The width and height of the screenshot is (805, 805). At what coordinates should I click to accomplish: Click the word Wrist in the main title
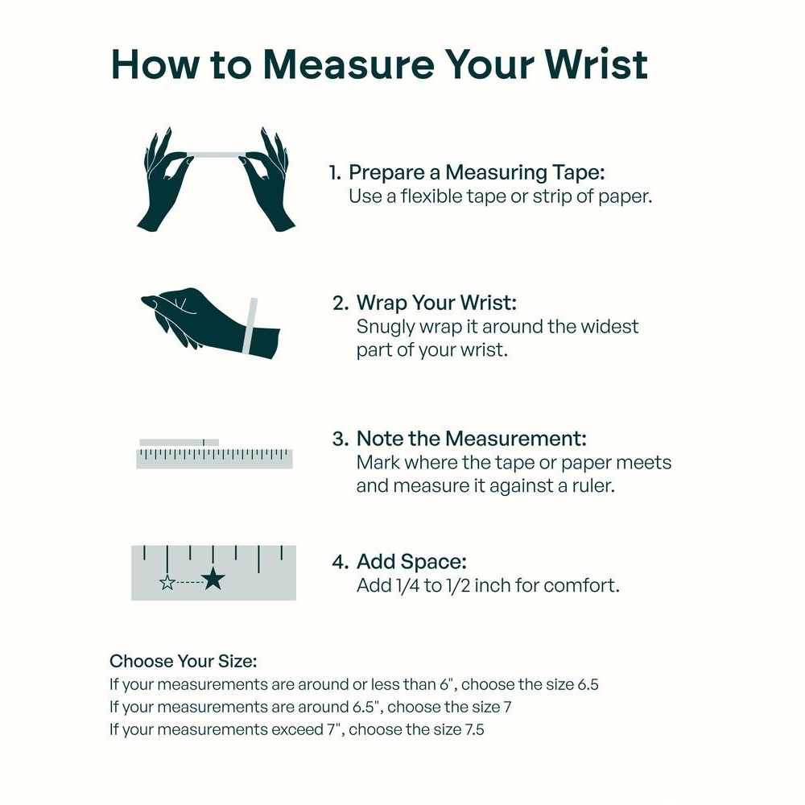[x=596, y=64]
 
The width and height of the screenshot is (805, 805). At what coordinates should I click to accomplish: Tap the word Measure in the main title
[x=349, y=64]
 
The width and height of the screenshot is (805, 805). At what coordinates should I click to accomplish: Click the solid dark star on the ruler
[x=213, y=579]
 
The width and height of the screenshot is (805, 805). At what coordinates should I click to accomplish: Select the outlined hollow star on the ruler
[x=167, y=582]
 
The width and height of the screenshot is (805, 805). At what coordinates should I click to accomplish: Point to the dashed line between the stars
[x=189, y=582]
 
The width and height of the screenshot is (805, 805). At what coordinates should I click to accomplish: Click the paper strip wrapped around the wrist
[x=251, y=325]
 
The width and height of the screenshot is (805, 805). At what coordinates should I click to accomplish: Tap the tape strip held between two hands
[x=217, y=155]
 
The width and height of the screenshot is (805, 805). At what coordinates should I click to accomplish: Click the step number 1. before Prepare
[x=335, y=173]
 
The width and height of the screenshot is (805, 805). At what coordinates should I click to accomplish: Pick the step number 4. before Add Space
[x=341, y=562]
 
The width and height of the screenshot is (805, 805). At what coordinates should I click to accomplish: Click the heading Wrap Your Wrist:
[x=436, y=303]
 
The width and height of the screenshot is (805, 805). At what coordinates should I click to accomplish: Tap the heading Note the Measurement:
[x=471, y=439]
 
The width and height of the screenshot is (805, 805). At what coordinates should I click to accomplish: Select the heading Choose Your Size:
[x=184, y=661]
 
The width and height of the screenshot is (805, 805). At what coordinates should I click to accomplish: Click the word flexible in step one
[x=431, y=196]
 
